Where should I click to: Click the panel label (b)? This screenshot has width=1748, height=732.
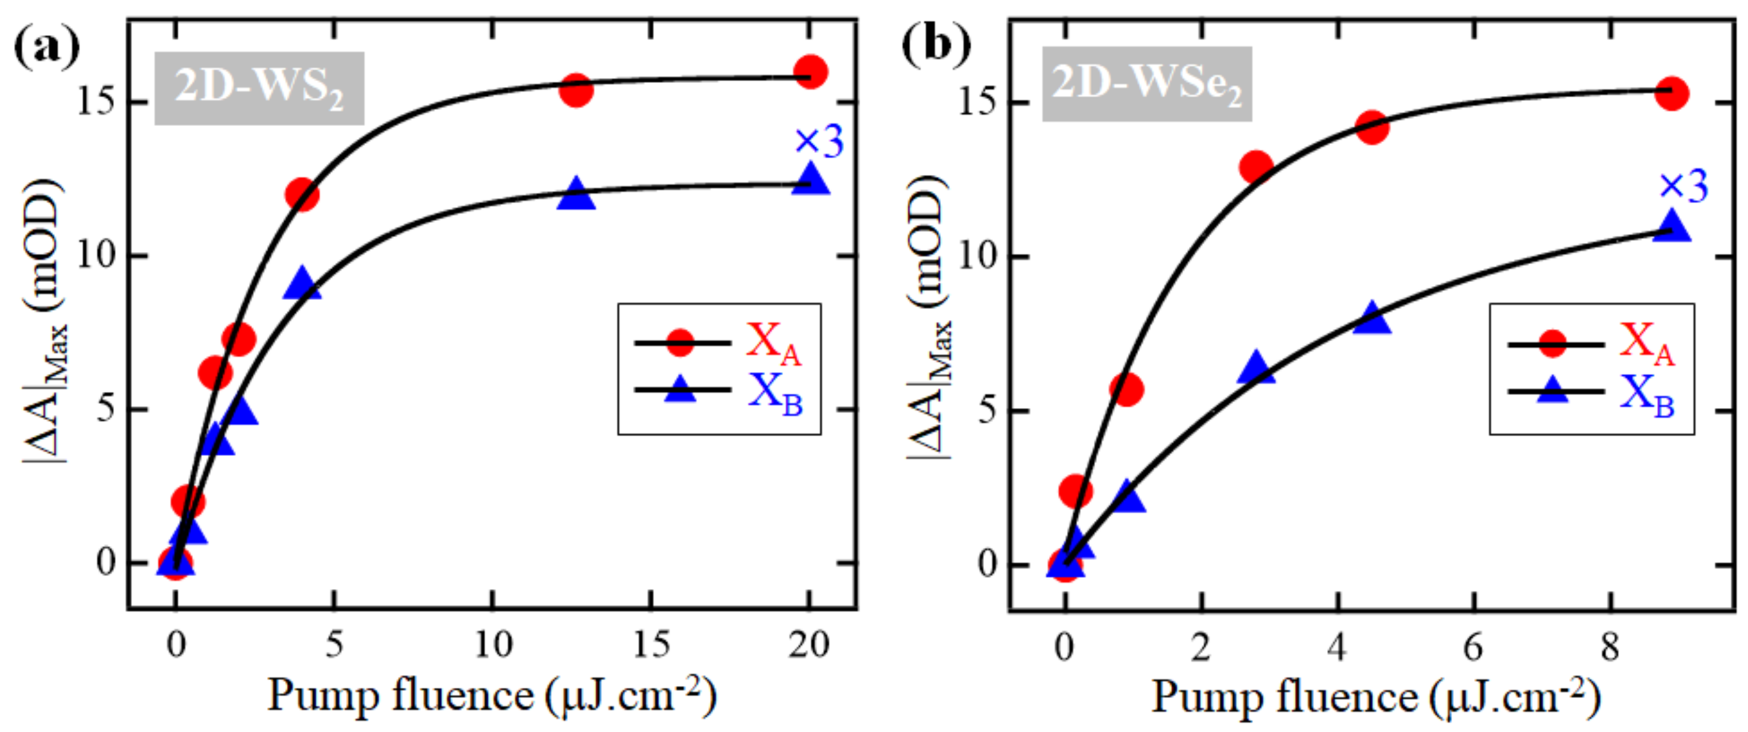(935, 46)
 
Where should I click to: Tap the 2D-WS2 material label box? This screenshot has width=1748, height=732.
(259, 89)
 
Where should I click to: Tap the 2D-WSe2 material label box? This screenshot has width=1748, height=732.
(1147, 84)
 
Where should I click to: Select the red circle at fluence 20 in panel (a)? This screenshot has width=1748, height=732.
(810, 71)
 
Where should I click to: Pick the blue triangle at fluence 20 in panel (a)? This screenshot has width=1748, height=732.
(811, 181)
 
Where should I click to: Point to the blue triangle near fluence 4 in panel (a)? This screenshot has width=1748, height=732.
(302, 284)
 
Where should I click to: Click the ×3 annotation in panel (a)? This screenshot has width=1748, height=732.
(819, 142)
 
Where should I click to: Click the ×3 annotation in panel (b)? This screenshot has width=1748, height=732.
(1684, 186)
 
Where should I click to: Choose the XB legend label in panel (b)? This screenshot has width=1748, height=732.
(1647, 395)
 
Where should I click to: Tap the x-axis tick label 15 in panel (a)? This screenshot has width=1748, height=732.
(651, 645)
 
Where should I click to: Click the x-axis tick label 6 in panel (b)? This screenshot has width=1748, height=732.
(1473, 648)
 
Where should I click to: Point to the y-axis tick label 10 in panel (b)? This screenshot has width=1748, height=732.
(976, 257)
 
